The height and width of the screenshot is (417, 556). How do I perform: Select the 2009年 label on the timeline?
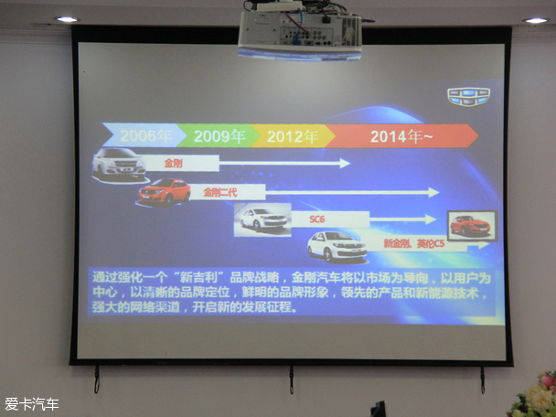219,136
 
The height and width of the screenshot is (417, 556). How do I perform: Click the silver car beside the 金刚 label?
119,162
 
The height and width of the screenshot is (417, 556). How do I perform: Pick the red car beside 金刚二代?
165,191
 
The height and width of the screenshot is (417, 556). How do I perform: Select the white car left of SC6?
263,219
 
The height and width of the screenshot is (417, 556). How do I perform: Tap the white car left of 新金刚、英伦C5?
337,246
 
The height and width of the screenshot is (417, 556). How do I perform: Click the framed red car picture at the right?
471,225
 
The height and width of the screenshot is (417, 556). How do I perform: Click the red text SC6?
317,219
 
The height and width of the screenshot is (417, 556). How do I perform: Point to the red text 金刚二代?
219,192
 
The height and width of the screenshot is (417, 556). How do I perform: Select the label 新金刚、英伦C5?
413,245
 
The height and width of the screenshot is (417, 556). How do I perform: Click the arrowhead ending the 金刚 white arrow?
345,163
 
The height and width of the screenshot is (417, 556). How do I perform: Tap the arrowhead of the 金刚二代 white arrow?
434,192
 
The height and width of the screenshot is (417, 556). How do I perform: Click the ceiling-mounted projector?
299,33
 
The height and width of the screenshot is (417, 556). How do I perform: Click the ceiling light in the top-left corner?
67,18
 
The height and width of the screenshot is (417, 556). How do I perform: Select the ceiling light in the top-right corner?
536,19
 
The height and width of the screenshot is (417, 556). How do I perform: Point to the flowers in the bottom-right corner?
534,397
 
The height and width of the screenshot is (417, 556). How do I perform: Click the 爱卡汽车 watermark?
32,403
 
